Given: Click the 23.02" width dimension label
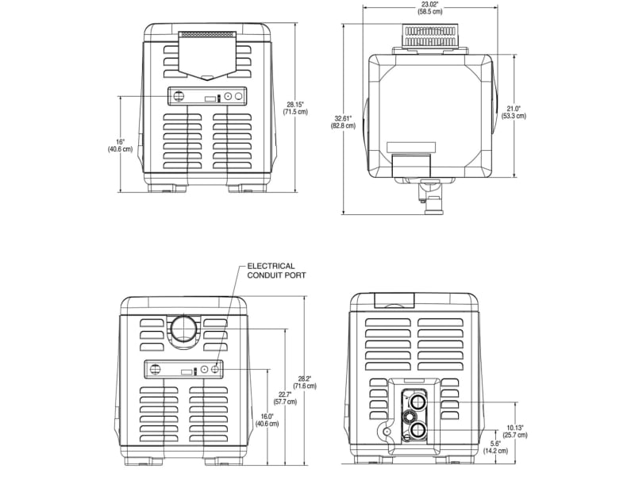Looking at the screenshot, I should click(x=432, y=9).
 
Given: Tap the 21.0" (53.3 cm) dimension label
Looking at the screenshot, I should click(x=514, y=112).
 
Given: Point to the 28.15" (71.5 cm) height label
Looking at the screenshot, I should click(x=296, y=108).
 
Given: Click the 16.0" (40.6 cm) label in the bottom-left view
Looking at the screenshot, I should click(x=267, y=420).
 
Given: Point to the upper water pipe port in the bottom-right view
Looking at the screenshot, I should click(x=418, y=402).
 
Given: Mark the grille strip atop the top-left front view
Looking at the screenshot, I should click(x=207, y=35).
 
